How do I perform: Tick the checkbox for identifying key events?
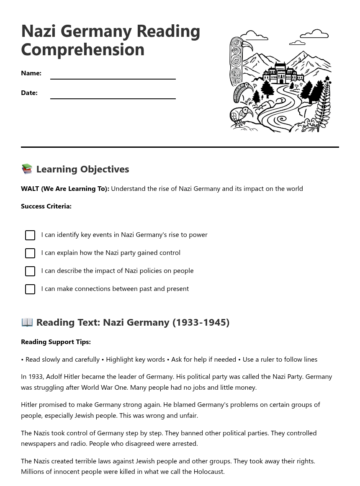[30, 235]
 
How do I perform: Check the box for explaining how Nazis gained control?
[30, 253]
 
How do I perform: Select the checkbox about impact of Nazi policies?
[30, 271]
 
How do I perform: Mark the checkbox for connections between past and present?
[30, 289]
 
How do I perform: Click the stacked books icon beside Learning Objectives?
[27, 169]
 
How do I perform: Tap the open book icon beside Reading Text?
[27, 322]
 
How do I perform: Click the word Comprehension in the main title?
[82, 49]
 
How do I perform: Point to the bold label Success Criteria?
[46, 206]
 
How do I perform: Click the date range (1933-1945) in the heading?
[201, 322]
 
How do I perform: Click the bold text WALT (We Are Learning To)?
[65, 188]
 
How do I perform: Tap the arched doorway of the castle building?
[281, 81]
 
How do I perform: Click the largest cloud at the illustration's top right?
[315, 34]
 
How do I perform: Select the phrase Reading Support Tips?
[56, 342]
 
